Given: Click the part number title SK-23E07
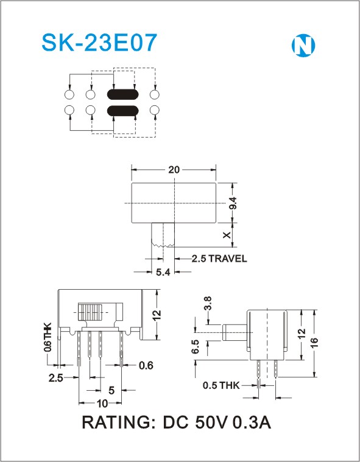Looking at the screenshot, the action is [99, 43].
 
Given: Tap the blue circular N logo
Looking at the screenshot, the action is [303, 46].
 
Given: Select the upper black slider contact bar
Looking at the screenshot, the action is [122, 94].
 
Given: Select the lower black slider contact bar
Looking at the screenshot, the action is [122, 111].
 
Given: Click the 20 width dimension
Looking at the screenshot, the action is [174, 170].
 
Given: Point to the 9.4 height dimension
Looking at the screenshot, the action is [233, 203].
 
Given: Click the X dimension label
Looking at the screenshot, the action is [227, 235].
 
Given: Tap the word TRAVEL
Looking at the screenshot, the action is [228, 259].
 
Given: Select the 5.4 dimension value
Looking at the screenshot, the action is [163, 272].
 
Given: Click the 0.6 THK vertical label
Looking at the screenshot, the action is [48, 337].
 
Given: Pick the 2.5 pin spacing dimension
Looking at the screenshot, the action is [56, 378].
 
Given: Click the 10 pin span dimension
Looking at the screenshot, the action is [102, 404].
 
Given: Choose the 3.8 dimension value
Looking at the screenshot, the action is [208, 303].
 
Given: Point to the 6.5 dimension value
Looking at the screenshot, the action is [195, 346].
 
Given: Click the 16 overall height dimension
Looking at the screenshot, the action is [314, 343].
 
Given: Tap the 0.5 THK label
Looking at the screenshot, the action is [221, 385].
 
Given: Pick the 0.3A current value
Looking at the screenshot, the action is [252, 422].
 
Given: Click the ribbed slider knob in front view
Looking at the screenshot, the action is [90, 312].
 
